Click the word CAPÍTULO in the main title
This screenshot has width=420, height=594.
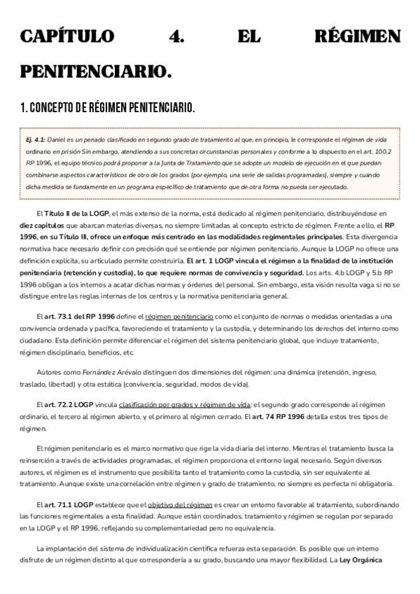64,36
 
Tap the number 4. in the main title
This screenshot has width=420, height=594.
176,36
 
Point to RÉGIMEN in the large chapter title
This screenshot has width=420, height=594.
358,36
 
